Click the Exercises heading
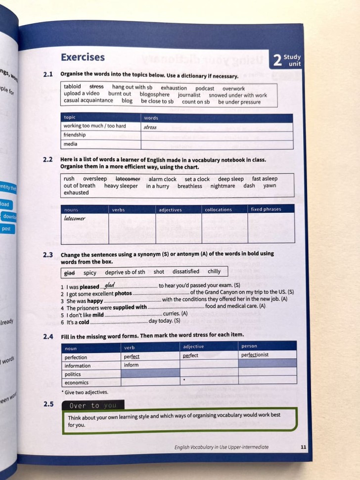click(83, 57)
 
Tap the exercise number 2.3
click(48, 254)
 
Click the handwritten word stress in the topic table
click(150, 127)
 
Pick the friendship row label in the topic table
click(74, 135)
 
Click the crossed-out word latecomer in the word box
click(128, 179)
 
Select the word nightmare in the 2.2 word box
click(223, 186)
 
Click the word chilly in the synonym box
click(214, 271)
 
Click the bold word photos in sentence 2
click(123, 293)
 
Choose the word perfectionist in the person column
click(255, 355)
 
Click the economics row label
click(77, 383)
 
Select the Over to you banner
click(93, 405)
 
